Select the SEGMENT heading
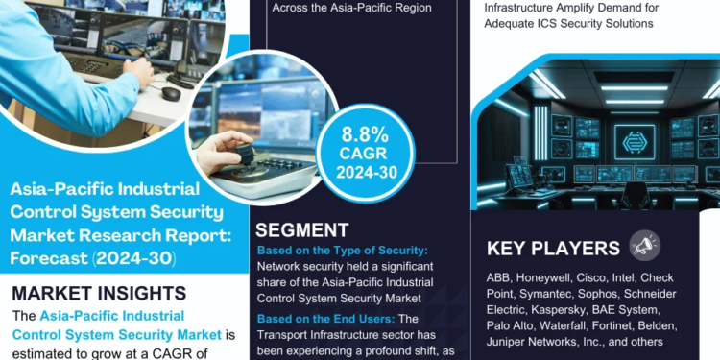coord(302,230)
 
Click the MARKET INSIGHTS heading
coord(99,291)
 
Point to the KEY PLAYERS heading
coord(553,249)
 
